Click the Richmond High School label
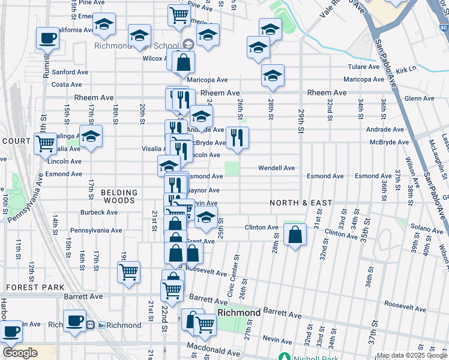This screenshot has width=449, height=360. pos(136,46)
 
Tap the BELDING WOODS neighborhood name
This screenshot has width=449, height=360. pos(119,197)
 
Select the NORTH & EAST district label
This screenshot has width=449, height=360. pos(300,203)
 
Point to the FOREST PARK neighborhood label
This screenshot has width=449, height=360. pos(35,287)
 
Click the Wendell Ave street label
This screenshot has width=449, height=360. pos(276,168)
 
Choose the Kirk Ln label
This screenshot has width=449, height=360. pos(406,70)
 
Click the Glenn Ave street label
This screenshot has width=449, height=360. pos(419,98)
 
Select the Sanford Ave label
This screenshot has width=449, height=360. pos(70,72)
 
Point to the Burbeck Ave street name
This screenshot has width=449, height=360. pos(101,212)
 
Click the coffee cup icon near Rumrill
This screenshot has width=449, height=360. pos(47,39)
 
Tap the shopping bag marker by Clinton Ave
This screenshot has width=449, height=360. pos(295,235)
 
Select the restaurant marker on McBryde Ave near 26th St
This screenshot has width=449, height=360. pos(237,137)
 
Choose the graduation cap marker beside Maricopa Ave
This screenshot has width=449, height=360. pos(273,76)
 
